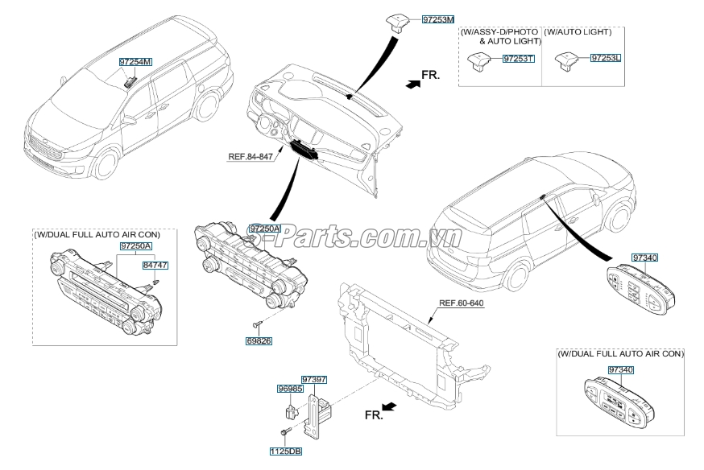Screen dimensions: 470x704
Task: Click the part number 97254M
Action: click(x=134, y=61)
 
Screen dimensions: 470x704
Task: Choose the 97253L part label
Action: click(x=606, y=59)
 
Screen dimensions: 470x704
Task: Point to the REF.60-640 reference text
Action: click(x=461, y=304)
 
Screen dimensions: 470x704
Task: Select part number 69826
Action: click(x=258, y=341)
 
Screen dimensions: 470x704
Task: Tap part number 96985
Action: click(x=289, y=388)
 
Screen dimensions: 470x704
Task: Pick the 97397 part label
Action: click(x=313, y=377)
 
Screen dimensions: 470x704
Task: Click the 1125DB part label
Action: click(x=286, y=451)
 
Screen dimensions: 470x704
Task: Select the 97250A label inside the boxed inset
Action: click(x=135, y=245)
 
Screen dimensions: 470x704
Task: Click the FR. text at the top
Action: click(x=430, y=75)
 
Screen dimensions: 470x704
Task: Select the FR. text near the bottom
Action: click(x=373, y=414)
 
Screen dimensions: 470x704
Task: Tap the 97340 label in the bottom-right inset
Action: click(x=621, y=369)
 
